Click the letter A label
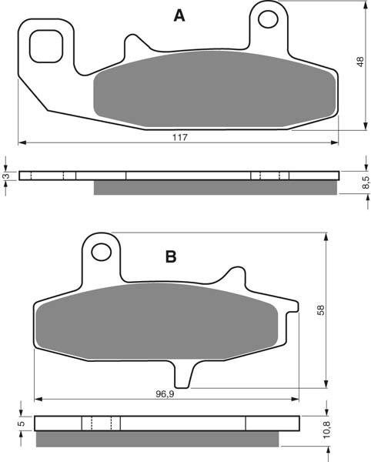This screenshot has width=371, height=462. [179, 15]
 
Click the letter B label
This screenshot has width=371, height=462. [171, 256]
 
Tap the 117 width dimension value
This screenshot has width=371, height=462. [180, 137]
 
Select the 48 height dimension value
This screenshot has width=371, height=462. [360, 62]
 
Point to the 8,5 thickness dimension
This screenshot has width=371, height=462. [365, 182]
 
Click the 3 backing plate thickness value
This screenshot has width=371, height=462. [6, 176]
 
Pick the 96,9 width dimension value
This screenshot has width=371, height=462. [165, 394]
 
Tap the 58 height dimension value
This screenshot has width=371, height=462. [320, 310]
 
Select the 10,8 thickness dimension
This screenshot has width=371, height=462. [327, 429]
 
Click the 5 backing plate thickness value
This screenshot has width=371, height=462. [22, 423]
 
